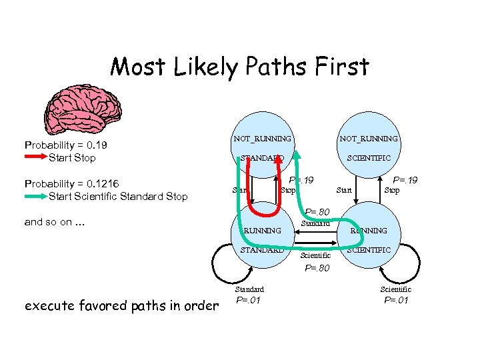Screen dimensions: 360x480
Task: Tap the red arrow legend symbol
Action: coord(35,158)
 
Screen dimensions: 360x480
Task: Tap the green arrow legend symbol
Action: coord(35,196)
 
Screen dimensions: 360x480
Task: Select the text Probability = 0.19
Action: coord(66,145)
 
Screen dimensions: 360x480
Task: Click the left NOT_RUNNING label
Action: coord(262,139)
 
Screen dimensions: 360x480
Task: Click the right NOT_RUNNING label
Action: coord(369,139)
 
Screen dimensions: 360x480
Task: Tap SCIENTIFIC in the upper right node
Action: coord(369,158)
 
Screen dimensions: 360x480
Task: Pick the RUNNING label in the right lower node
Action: coord(369,231)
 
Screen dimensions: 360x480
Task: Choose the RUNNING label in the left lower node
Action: coord(262,231)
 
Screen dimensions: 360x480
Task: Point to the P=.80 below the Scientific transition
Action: coord(317,269)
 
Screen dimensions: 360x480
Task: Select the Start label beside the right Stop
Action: coord(344,191)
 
